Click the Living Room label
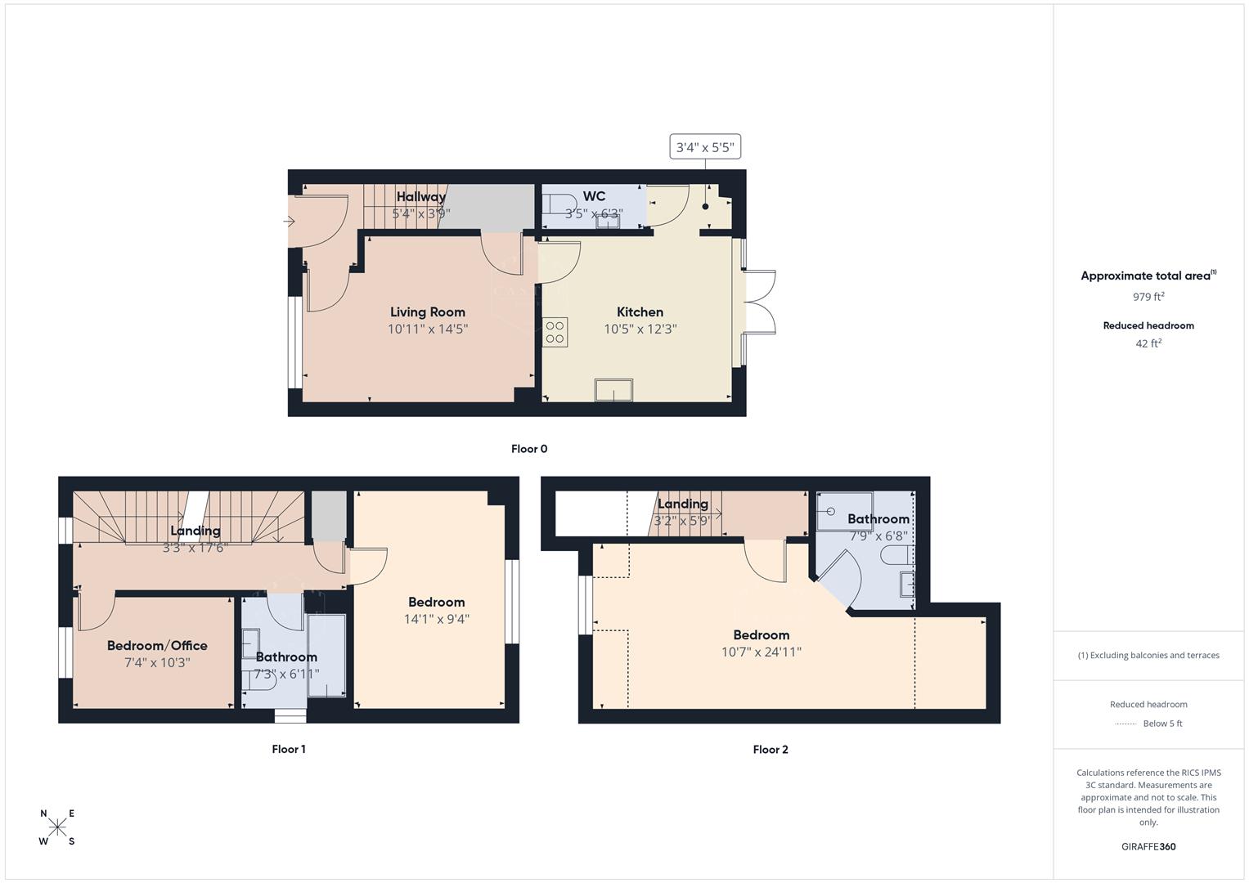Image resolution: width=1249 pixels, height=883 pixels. [427, 312]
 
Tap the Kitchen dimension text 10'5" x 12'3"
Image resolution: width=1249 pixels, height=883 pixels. [640, 329]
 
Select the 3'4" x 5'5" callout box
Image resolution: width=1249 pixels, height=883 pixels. [705, 148]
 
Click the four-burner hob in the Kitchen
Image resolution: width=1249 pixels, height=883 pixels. [555, 332]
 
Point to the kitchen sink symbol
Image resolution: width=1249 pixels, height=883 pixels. [613, 391]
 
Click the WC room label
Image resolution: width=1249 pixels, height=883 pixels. [594, 196]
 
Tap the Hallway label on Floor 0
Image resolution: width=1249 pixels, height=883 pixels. [421, 196]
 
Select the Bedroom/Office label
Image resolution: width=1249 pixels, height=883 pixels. [157, 645]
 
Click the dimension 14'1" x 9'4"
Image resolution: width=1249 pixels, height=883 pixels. [436, 620]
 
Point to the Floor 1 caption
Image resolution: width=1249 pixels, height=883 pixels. [289, 749]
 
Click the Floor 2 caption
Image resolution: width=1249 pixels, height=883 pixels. [771, 749]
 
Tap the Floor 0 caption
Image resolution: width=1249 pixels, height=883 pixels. [529, 449]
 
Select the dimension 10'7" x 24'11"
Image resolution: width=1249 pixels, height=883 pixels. [761, 652]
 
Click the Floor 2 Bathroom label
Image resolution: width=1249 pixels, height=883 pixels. [878, 519]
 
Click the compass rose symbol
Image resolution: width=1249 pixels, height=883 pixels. [58, 827]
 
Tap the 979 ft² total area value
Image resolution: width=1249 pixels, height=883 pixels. [1148, 297]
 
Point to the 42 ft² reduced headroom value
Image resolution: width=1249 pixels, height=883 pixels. [1148, 343]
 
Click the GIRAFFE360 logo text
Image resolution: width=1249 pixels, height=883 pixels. [1148, 846]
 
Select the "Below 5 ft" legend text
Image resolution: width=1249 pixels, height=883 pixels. [1162, 724]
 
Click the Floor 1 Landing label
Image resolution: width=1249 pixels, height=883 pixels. [195, 531]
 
